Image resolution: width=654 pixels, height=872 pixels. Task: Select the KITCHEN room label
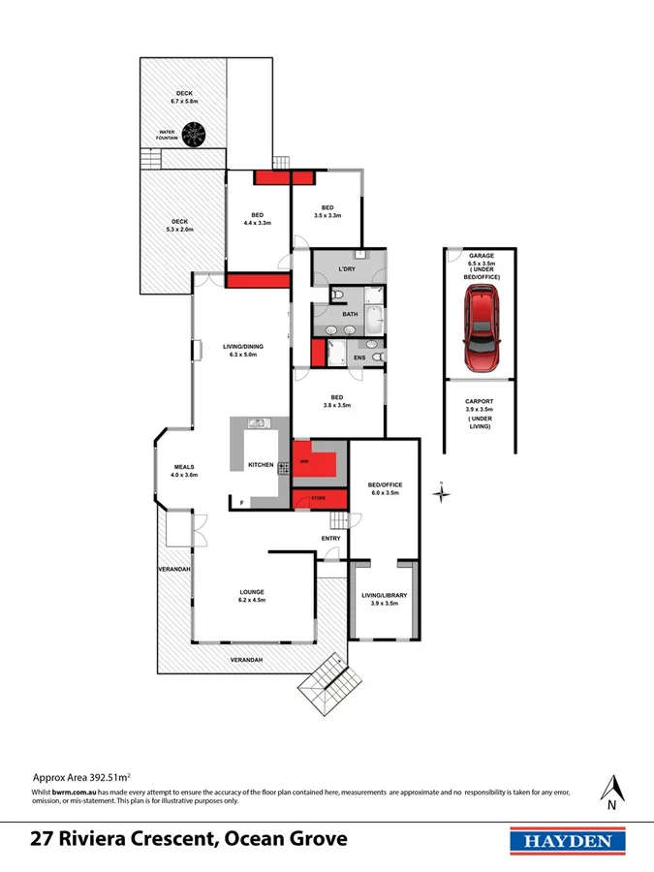point(261,465)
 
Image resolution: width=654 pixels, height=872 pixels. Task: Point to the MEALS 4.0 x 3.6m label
point(184,470)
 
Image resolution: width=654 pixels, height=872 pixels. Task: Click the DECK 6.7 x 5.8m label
point(183,97)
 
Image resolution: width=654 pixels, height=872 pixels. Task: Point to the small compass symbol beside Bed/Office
point(441,493)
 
